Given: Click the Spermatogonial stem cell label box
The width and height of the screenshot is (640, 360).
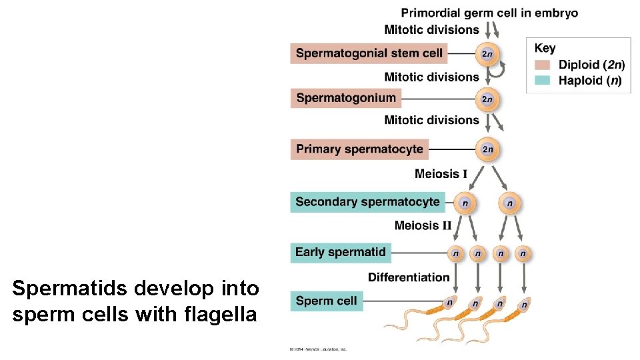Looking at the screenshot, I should pyautogui.click(x=367, y=53).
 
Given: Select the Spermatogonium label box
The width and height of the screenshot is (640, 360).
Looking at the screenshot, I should pyautogui.click(x=346, y=98).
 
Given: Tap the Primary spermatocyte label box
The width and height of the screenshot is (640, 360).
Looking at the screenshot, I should pyautogui.click(x=359, y=149).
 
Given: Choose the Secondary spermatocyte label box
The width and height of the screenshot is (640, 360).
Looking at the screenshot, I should pyautogui.click(x=367, y=202).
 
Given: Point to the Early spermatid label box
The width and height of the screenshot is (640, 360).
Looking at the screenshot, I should pyautogui.click(x=341, y=252).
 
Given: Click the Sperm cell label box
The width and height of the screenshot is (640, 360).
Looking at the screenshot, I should pyautogui.click(x=326, y=301).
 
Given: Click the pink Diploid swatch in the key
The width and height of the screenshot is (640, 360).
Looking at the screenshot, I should pyautogui.click(x=543, y=65).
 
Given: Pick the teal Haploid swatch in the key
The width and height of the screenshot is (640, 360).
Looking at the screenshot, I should pyautogui.click(x=543, y=80).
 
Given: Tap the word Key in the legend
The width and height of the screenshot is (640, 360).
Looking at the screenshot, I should pyautogui.click(x=545, y=48).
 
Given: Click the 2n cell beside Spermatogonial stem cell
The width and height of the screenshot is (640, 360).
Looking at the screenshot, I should pyautogui.click(x=487, y=53).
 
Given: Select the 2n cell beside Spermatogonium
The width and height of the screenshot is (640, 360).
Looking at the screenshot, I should pyautogui.click(x=487, y=99).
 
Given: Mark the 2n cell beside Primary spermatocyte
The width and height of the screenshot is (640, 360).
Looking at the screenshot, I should pyautogui.click(x=487, y=149).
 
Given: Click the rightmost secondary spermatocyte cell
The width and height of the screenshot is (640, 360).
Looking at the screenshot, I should pyautogui.click(x=510, y=202).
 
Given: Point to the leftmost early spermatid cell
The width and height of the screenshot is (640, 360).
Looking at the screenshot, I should pyautogui.click(x=455, y=253).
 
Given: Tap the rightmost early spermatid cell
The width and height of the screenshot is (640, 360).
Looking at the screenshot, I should pyautogui.click(x=523, y=253).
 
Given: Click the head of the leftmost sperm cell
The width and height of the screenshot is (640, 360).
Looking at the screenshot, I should pyautogui.click(x=450, y=303).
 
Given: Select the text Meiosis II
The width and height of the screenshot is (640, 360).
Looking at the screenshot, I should pyautogui.click(x=423, y=225).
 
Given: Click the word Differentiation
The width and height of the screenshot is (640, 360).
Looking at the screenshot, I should pyautogui.click(x=409, y=277).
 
